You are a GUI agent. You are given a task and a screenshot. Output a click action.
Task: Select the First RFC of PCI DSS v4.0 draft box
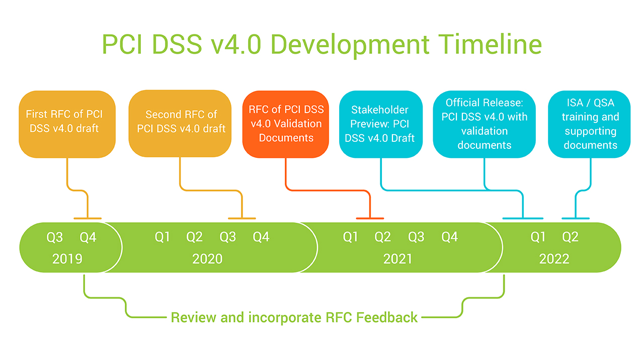pos(67,124)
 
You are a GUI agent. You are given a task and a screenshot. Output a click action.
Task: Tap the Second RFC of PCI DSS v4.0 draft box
pos(180,124)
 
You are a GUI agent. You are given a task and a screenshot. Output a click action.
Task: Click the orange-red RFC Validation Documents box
pos(285,124)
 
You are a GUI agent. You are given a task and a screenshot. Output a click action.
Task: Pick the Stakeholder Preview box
pos(381,124)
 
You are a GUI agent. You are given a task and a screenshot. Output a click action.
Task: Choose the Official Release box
pos(484,124)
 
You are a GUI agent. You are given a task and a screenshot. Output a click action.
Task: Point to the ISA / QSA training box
pos(589,124)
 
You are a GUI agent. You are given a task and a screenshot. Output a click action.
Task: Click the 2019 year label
pos(67,259)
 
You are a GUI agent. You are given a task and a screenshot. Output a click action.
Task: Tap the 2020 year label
pos(207,259)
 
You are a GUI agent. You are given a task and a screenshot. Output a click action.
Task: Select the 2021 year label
pos(397,259)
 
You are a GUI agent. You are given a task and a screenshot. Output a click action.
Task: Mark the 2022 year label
pos(554,259)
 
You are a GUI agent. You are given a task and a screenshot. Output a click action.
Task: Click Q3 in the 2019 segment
pos(55,237)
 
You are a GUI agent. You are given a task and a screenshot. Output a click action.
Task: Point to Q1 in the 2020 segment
pos(163,237)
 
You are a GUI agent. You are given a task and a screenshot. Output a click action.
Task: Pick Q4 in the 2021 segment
pos(450,237)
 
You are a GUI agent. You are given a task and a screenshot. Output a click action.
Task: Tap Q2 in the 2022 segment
pos(570,237)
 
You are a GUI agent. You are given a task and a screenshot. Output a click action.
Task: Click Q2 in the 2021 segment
pos(383,237)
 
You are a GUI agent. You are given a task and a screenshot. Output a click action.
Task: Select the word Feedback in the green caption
pos(387,317)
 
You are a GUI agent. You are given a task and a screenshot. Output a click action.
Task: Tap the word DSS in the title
pos(177,44)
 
